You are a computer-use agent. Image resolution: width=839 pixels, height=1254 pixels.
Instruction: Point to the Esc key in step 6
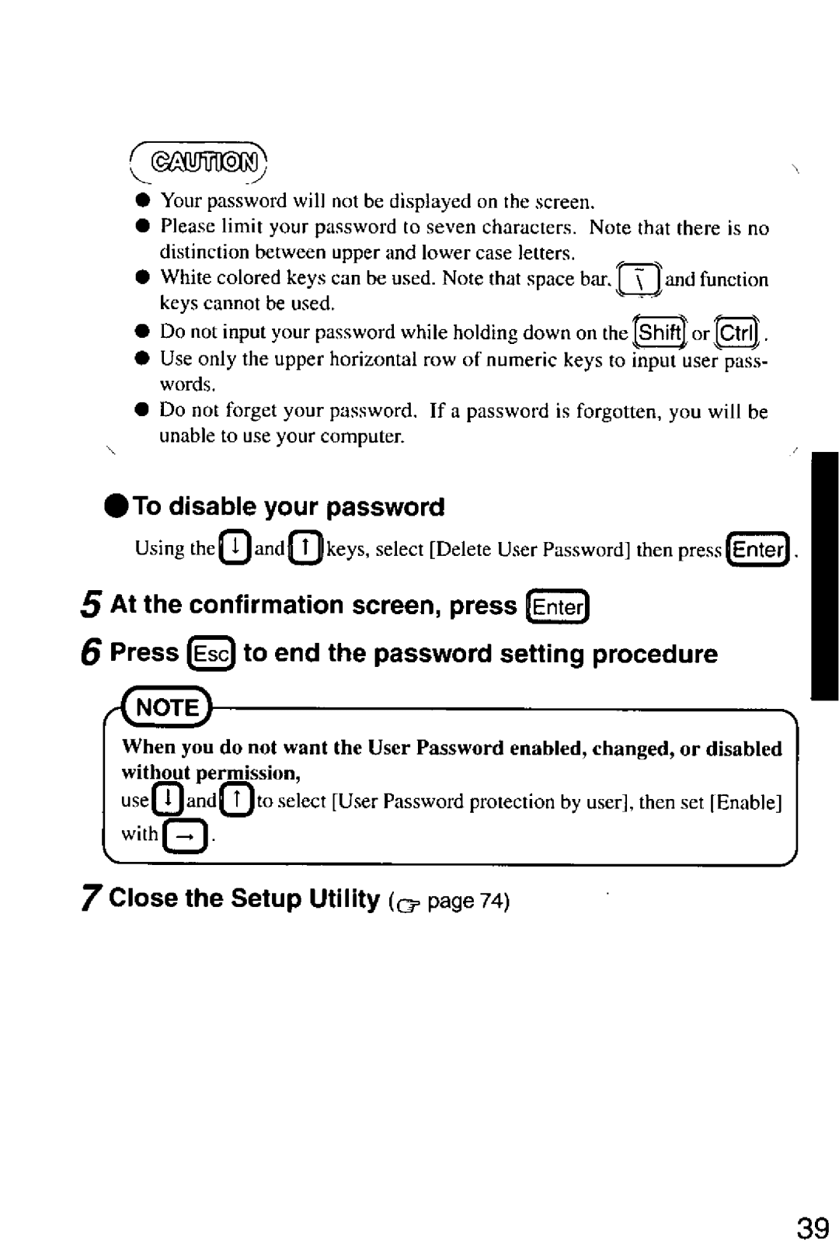211,654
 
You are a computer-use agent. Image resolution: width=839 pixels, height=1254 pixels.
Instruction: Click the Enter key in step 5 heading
557,606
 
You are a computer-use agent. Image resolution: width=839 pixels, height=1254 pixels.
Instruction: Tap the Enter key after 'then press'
758,549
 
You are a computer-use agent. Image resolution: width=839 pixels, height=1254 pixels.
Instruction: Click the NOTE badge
169,707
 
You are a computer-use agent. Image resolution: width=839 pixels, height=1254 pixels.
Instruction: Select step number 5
91,606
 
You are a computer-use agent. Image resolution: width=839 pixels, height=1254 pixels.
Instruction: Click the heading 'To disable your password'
288,507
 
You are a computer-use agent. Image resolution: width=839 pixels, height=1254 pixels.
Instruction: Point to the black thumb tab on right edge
823,575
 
